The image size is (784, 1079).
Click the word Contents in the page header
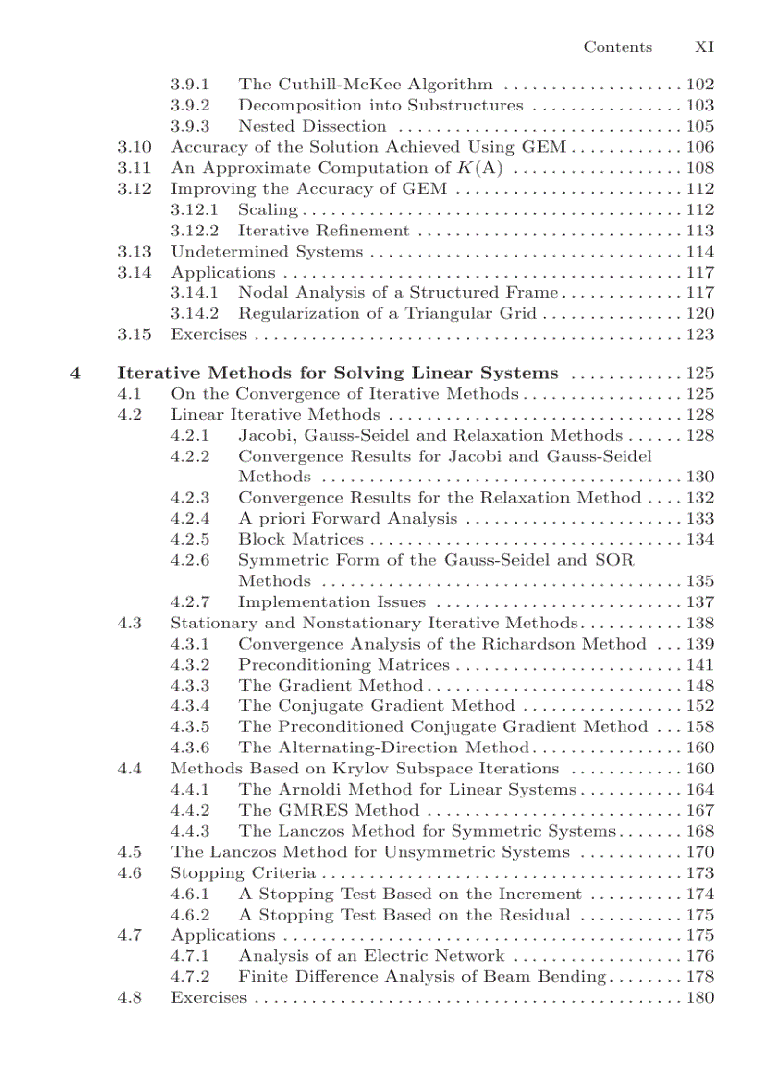(x=618, y=47)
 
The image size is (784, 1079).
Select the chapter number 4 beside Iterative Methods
(x=75, y=373)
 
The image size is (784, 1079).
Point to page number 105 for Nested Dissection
(x=699, y=126)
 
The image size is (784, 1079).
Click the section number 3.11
(x=135, y=168)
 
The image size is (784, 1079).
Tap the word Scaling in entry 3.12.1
(x=268, y=209)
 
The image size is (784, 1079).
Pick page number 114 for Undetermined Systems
(x=699, y=252)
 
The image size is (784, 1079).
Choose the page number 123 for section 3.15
(x=699, y=334)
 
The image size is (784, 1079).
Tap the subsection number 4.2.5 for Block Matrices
(x=190, y=539)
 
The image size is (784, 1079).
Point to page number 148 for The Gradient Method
(x=699, y=685)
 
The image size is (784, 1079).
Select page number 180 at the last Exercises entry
(x=699, y=998)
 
